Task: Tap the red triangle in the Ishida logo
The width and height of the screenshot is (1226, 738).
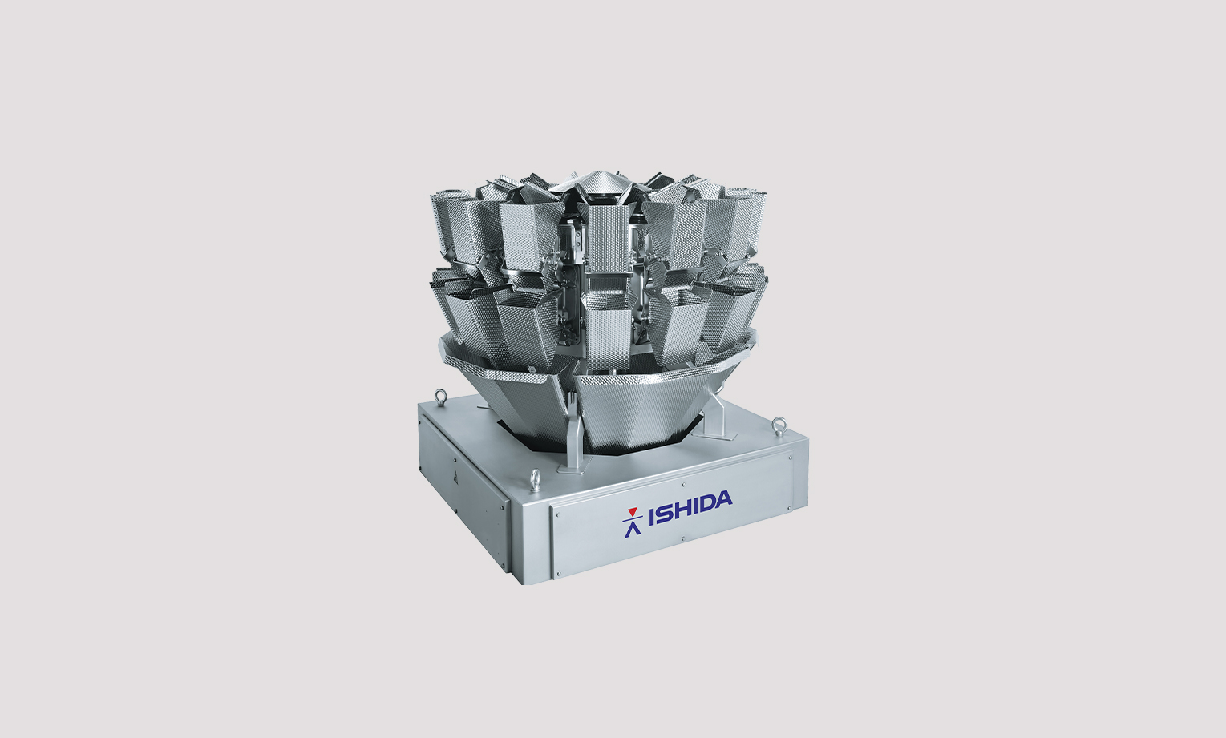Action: pos(633,512)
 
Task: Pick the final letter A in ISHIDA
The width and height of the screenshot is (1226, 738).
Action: pos(724,500)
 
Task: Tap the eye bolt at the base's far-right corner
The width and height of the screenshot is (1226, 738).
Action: pos(779,426)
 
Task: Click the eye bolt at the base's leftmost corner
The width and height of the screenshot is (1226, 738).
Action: pos(440,396)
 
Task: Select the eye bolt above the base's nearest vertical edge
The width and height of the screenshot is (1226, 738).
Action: pos(534,478)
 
